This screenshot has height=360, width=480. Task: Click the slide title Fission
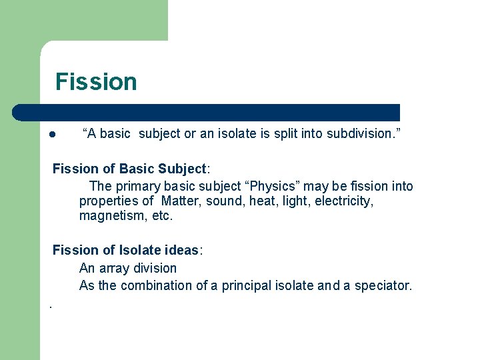click(x=96, y=81)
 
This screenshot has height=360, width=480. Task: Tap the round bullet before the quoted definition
click(x=51, y=134)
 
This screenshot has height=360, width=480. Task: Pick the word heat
click(x=263, y=201)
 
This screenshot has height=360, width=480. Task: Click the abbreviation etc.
click(x=163, y=216)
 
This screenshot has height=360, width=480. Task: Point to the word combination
click(x=157, y=285)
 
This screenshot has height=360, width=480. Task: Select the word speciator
click(x=383, y=285)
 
